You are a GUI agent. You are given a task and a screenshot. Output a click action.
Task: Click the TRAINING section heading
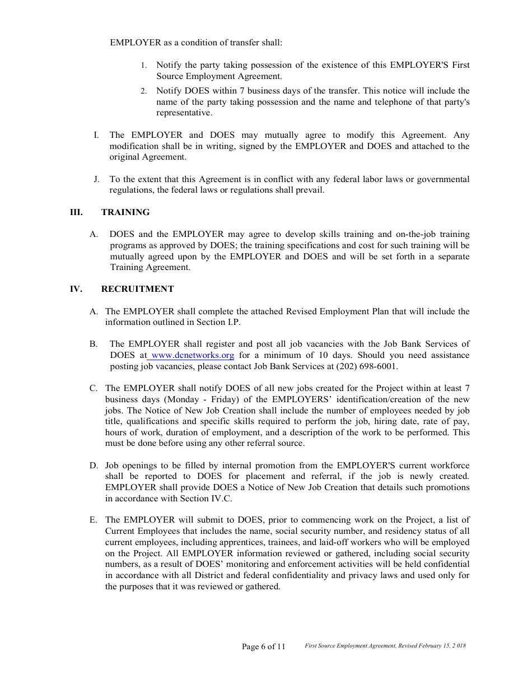pos(125,212)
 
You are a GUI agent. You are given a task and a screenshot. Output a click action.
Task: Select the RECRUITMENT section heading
pos(137,289)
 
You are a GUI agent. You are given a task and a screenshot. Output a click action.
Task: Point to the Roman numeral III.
pos(76,212)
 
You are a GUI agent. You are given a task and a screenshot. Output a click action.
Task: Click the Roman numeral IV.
pos(76,289)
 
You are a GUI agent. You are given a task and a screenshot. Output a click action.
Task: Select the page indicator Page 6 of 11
pos(263,646)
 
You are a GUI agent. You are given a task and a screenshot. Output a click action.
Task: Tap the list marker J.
pos(96,179)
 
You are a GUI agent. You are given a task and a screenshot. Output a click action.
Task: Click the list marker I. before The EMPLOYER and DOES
pos(96,135)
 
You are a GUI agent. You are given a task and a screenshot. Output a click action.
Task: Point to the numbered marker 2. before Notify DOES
pos(144,91)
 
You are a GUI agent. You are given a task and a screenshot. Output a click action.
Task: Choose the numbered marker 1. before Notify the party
pos(144,66)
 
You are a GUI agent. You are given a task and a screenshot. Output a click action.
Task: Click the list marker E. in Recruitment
pos(94,520)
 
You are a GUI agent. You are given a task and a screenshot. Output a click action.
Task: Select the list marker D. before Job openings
pos(94,465)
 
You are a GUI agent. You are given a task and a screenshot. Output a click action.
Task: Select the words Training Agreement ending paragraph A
pos(150,267)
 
